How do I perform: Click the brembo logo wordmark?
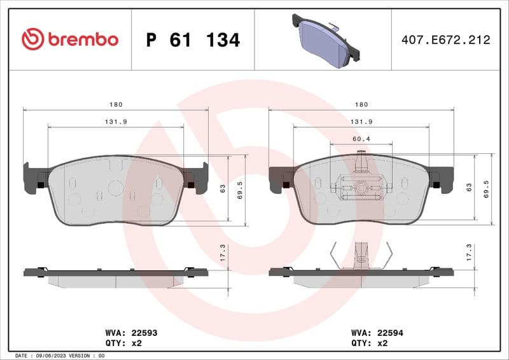click(x=70, y=39)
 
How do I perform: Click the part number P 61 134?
click(x=193, y=40)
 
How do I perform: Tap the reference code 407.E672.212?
click(x=445, y=39)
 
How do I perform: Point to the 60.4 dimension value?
click(x=361, y=138)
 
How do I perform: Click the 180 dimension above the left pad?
click(x=115, y=104)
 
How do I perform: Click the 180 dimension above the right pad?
click(x=361, y=104)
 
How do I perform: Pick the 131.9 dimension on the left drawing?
click(x=115, y=121)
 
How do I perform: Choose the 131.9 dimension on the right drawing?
click(x=361, y=121)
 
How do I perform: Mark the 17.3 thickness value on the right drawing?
click(x=469, y=253)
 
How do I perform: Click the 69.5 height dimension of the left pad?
click(x=240, y=190)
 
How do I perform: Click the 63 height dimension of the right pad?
click(x=469, y=188)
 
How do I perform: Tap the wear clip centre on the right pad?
click(x=361, y=187)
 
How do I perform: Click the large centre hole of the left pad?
click(x=116, y=188)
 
